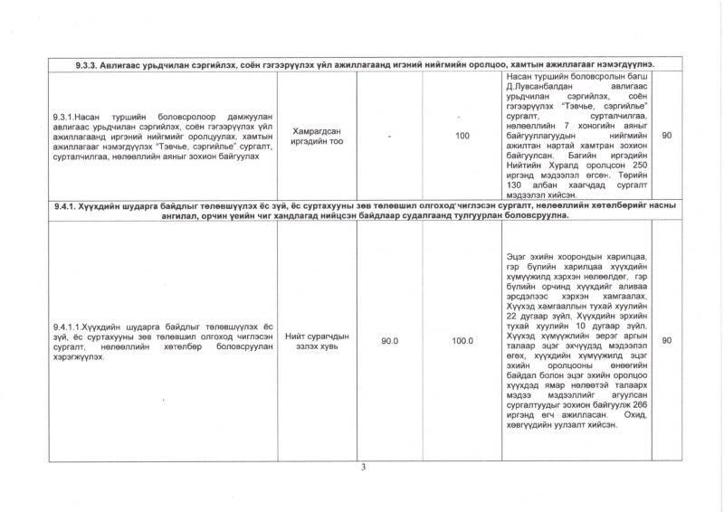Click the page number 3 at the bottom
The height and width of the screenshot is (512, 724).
click(362, 468)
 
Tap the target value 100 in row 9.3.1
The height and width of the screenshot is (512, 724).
click(462, 136)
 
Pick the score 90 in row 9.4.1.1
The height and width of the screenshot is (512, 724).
click(667, 341)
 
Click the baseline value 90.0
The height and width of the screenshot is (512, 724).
click(390, 341)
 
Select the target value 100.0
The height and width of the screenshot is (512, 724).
click(462, 341)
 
